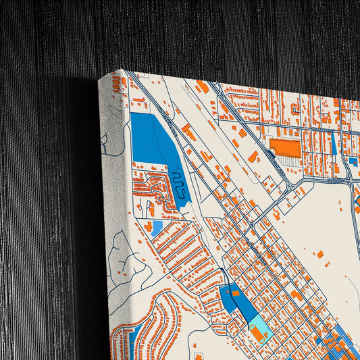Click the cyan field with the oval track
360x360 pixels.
click(x=259, y=331)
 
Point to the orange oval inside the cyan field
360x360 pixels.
click(x=259, y=332)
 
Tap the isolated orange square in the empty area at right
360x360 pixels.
click(x=319, y=255)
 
